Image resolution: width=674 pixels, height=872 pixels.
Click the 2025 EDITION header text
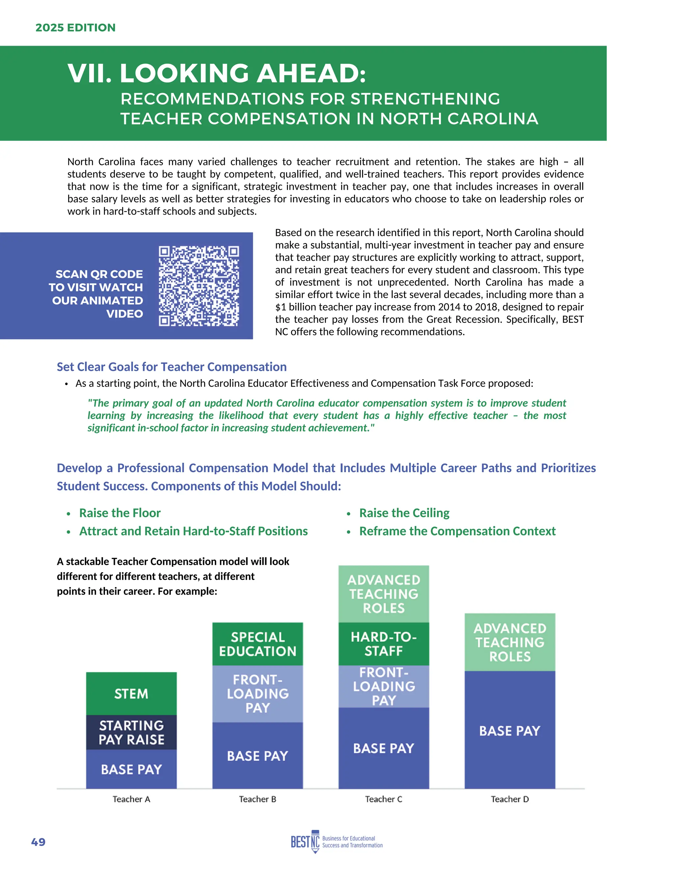click(x=75, y=28)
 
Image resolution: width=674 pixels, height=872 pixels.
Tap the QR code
click(x=198, y=286)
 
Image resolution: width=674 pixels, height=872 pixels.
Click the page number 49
click(x=38, y=842)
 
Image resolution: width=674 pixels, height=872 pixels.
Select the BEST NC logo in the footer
click(x=336, y=842)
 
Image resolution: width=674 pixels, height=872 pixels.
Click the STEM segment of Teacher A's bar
click(x=131, y=694)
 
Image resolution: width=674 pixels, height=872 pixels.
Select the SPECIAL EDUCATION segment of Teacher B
click(x=258, y=644)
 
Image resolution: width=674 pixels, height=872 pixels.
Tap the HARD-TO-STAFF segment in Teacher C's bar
click(x=384, y=644)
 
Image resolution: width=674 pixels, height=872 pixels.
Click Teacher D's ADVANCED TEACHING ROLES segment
click(x=510, y=642)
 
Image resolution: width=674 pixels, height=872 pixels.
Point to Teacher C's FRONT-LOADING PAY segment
click(x=384, y=686)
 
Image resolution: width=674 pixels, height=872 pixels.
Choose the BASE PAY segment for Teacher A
click(x=131, y=769)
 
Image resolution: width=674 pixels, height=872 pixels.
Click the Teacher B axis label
click(x=258, y=799)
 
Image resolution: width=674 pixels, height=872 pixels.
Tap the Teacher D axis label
click(x=510, y=799)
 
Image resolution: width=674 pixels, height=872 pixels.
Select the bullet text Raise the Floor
click(x=120, y=513)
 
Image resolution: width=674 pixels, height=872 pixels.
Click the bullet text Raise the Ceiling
click(x=404, y=513)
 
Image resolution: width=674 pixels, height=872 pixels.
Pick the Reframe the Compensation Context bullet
click(x=457, y=531)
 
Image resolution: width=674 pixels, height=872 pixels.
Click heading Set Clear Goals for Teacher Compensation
click(x=172, y=367)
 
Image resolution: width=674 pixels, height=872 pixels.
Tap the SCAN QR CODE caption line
click(x=99, y=274)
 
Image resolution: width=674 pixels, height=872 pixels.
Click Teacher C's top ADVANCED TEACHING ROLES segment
click(x=384, y=594)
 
